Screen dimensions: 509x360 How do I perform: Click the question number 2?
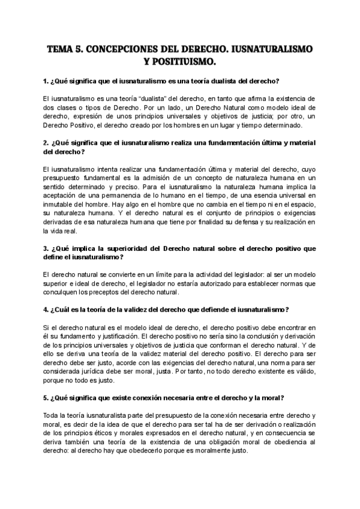pos(46,143)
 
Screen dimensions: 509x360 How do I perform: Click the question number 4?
pos(46,310)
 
